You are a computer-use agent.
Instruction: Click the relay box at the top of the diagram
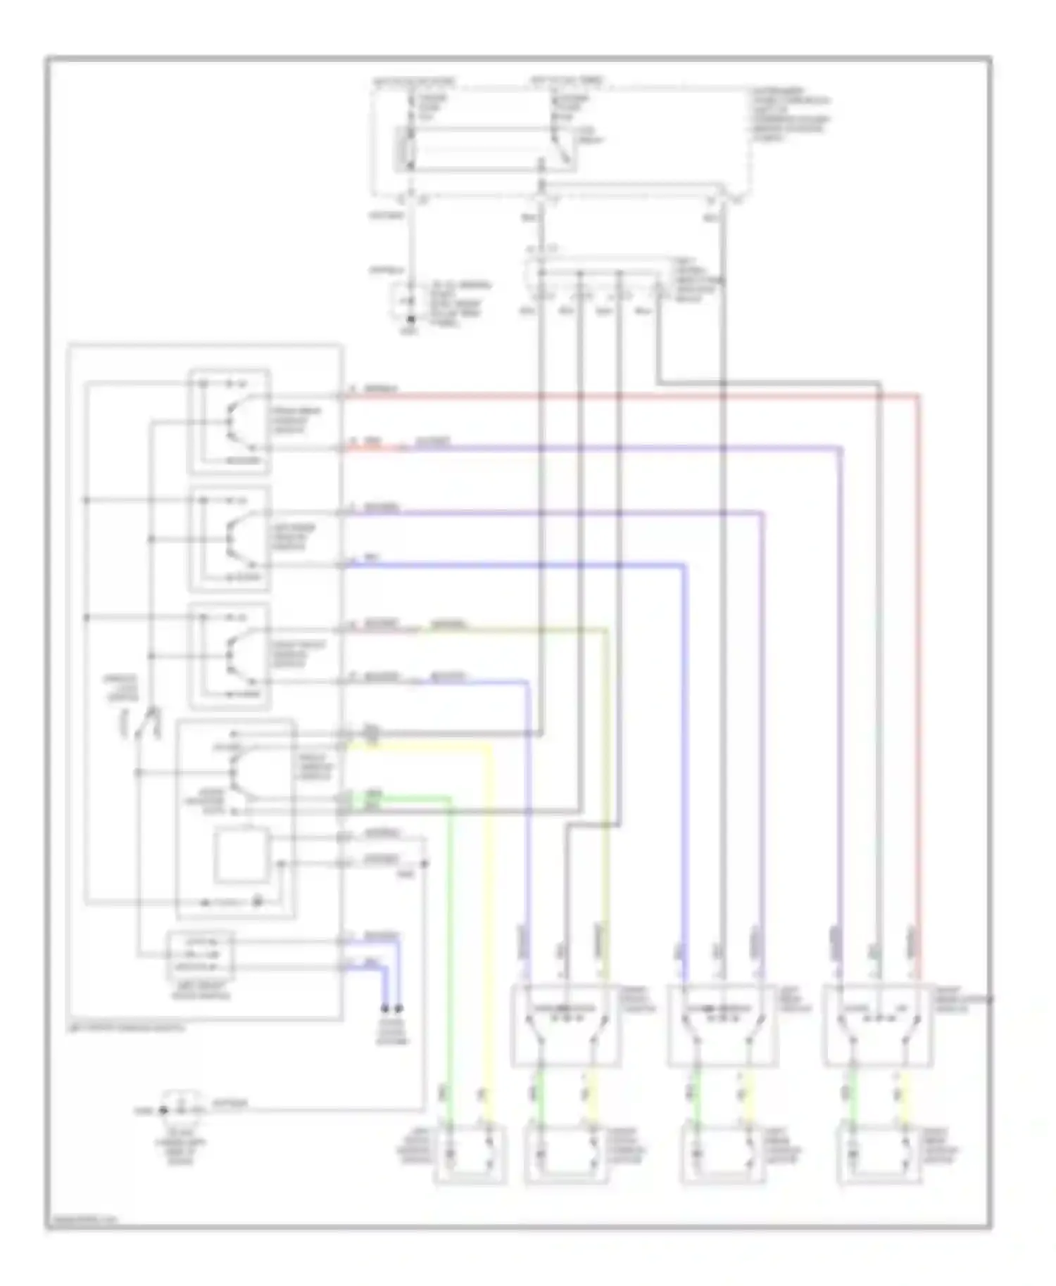(486, 149)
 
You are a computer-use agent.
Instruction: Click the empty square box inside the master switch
(241, 855)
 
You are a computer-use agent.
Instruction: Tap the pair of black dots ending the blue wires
(392, 1007)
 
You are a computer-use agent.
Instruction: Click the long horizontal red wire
(634, 396)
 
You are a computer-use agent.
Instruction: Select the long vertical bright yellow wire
(491, 915)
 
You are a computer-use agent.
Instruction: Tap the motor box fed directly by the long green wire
(470, 1154)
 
